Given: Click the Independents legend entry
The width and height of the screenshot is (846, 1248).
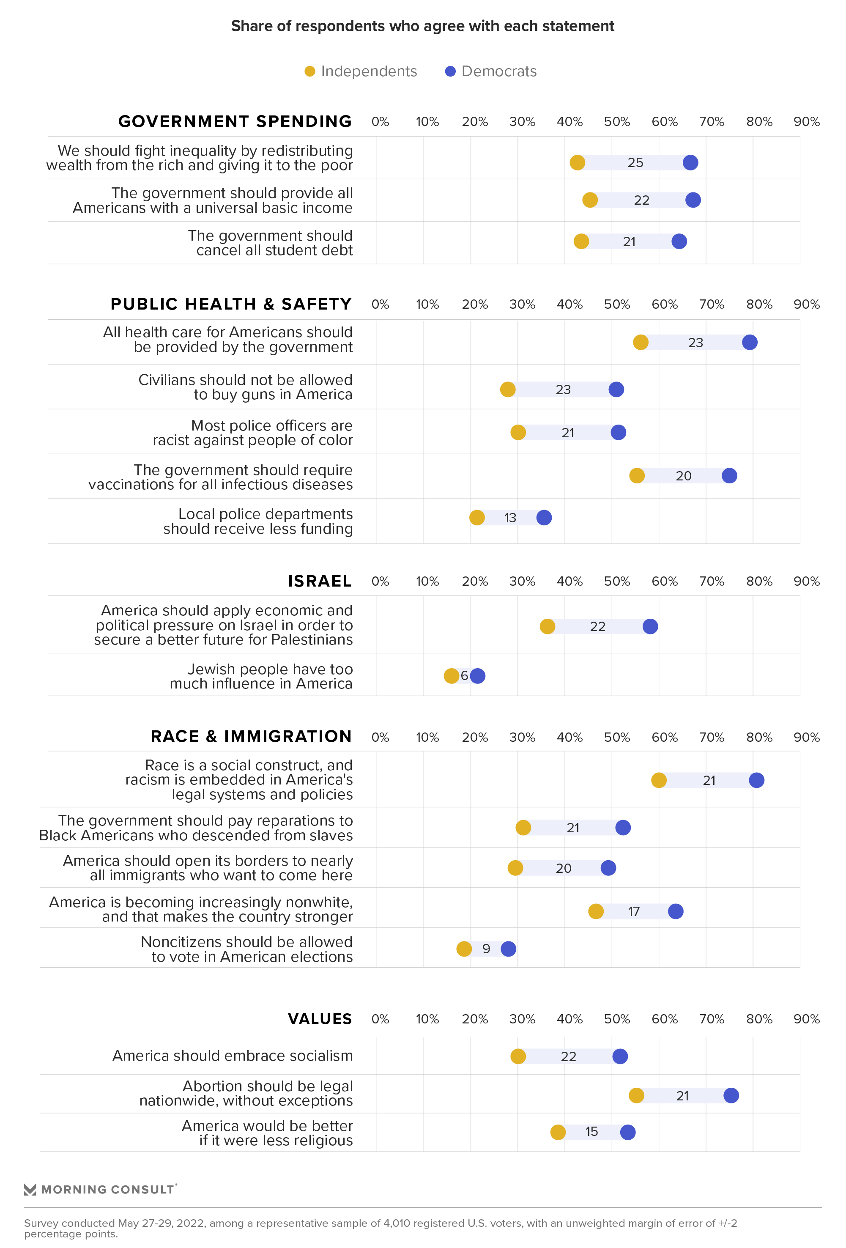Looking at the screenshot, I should coord(361,71).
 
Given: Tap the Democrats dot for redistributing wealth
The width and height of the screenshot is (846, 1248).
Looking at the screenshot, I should coord(690,163).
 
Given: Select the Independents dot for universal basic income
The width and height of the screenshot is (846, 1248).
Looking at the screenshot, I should coord(590,200).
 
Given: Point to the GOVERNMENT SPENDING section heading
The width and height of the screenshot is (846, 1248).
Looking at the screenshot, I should coord(235,121).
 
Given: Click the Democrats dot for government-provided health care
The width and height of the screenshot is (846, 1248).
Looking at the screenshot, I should coord(749,343).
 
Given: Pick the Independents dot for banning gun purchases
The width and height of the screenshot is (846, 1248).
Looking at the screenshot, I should coord(508,389).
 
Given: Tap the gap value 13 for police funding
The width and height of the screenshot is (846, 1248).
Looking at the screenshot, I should coord(510,518).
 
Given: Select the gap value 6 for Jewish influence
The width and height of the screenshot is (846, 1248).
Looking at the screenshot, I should coord(464,675).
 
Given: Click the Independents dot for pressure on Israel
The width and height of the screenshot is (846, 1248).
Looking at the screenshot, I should coord(548,626).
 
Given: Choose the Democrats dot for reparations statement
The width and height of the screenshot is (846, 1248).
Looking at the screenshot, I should coord(623,828).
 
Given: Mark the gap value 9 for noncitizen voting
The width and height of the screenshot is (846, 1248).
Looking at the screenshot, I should coord(486,949).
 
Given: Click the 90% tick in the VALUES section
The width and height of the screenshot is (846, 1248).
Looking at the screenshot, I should coord(806,1019).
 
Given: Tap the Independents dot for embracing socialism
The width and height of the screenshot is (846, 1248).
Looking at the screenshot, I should coord(518,1056).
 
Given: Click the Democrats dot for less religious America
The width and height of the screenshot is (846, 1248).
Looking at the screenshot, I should coord(627,1132).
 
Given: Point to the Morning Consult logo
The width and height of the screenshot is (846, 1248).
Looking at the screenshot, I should coord(100,1190).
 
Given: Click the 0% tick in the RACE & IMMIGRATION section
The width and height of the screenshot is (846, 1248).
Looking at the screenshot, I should coord(380,737).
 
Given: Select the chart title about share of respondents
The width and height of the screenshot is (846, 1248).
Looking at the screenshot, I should coord(422,26).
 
